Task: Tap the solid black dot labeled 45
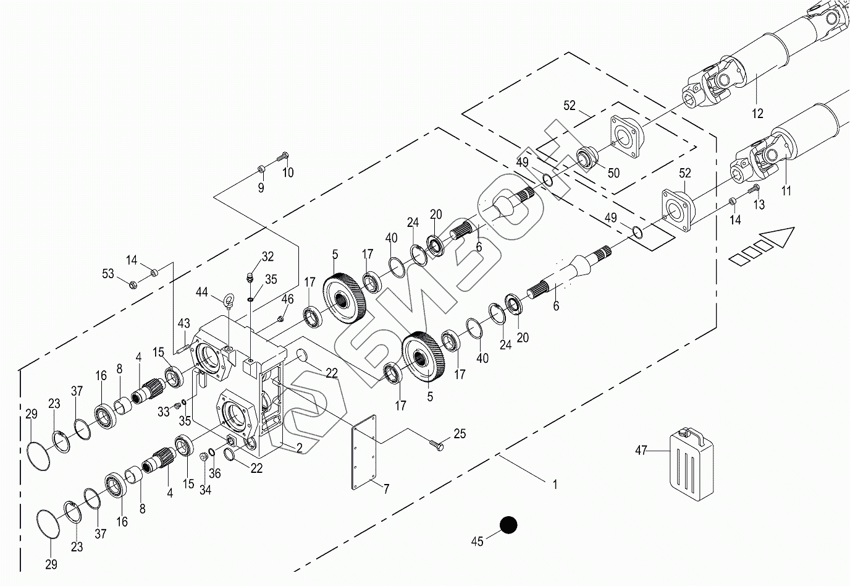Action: (508, 525)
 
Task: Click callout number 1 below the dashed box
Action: (555, 485)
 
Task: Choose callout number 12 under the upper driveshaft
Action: (758, 113)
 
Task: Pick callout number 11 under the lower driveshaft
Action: (786, 191)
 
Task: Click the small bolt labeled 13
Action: (754, 189)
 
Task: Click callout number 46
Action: (287, 300)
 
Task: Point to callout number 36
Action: (214, 473)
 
